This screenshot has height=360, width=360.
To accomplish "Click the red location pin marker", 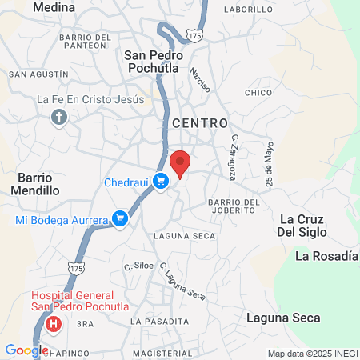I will coord(182,163).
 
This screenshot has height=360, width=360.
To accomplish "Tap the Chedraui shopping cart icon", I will coord(161,182).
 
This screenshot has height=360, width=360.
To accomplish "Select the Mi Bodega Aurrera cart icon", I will coord(120,218).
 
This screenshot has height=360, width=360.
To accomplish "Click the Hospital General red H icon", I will coord(54,324).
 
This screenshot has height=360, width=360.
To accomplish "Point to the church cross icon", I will coord(58,118).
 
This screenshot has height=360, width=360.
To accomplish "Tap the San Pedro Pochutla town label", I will coord(154,62).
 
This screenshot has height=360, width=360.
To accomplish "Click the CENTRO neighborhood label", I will coord(200,123).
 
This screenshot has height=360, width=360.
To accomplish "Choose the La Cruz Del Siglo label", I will coord(309,226).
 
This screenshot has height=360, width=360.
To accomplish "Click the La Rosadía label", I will coord(325,256).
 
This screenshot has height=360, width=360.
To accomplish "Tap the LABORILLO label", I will coord(250,10).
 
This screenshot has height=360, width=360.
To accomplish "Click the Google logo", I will coord(26,350).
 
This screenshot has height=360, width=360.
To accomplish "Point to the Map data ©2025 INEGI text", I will coord(312,354).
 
